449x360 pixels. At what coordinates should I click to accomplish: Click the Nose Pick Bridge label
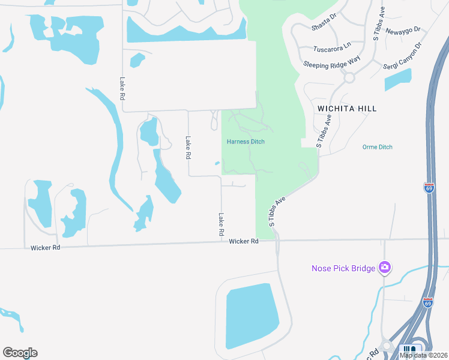pos(343,268)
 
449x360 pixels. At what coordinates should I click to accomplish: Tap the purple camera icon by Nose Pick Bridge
pos(385,268)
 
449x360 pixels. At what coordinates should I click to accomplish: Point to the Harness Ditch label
pos(246,142)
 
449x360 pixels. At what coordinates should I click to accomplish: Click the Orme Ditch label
pos(378,147)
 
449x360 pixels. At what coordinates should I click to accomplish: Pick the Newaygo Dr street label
pos(403,30)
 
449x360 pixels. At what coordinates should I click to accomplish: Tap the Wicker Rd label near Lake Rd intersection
pos(243,241)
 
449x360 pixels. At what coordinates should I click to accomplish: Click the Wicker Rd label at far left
pos(45,247)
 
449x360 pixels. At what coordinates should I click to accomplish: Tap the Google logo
pos(20,353)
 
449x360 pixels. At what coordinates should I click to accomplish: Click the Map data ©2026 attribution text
pos(424,355)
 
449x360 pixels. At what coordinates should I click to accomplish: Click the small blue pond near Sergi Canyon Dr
pos(398,79)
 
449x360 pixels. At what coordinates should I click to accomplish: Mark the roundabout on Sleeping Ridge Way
pos(349,77)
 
